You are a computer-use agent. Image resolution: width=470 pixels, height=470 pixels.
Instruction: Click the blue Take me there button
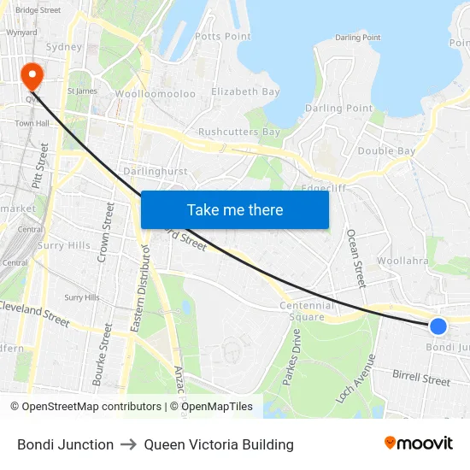(235, 209)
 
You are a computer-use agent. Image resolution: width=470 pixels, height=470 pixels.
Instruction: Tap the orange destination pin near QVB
(32, 74)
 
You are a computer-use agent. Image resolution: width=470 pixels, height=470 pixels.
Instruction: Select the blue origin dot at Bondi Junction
(438, 326)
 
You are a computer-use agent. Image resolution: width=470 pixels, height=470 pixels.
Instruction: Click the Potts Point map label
(223, 36)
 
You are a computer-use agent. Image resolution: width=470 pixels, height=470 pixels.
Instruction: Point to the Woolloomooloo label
(156, 93)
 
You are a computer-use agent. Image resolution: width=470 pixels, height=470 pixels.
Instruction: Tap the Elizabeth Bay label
(245, 91)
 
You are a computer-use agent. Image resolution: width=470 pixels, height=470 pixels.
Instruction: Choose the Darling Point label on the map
(338, 109)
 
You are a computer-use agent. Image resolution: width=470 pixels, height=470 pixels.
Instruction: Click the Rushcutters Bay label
(239, 132)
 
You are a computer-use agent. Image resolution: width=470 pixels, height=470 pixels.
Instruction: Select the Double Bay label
(386, 151)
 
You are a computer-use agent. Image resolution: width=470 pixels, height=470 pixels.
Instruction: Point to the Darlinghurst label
(155, 171)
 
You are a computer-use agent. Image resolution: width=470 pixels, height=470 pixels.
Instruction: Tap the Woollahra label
(402, 261)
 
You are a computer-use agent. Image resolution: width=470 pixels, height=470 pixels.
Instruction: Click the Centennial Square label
(307, 311)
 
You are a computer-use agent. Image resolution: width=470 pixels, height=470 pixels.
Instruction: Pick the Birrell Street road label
(420, 377)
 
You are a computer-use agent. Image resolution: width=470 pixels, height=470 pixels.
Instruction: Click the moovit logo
(419, 444)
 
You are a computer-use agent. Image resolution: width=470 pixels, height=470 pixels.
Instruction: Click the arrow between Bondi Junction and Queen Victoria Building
(129, 444)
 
